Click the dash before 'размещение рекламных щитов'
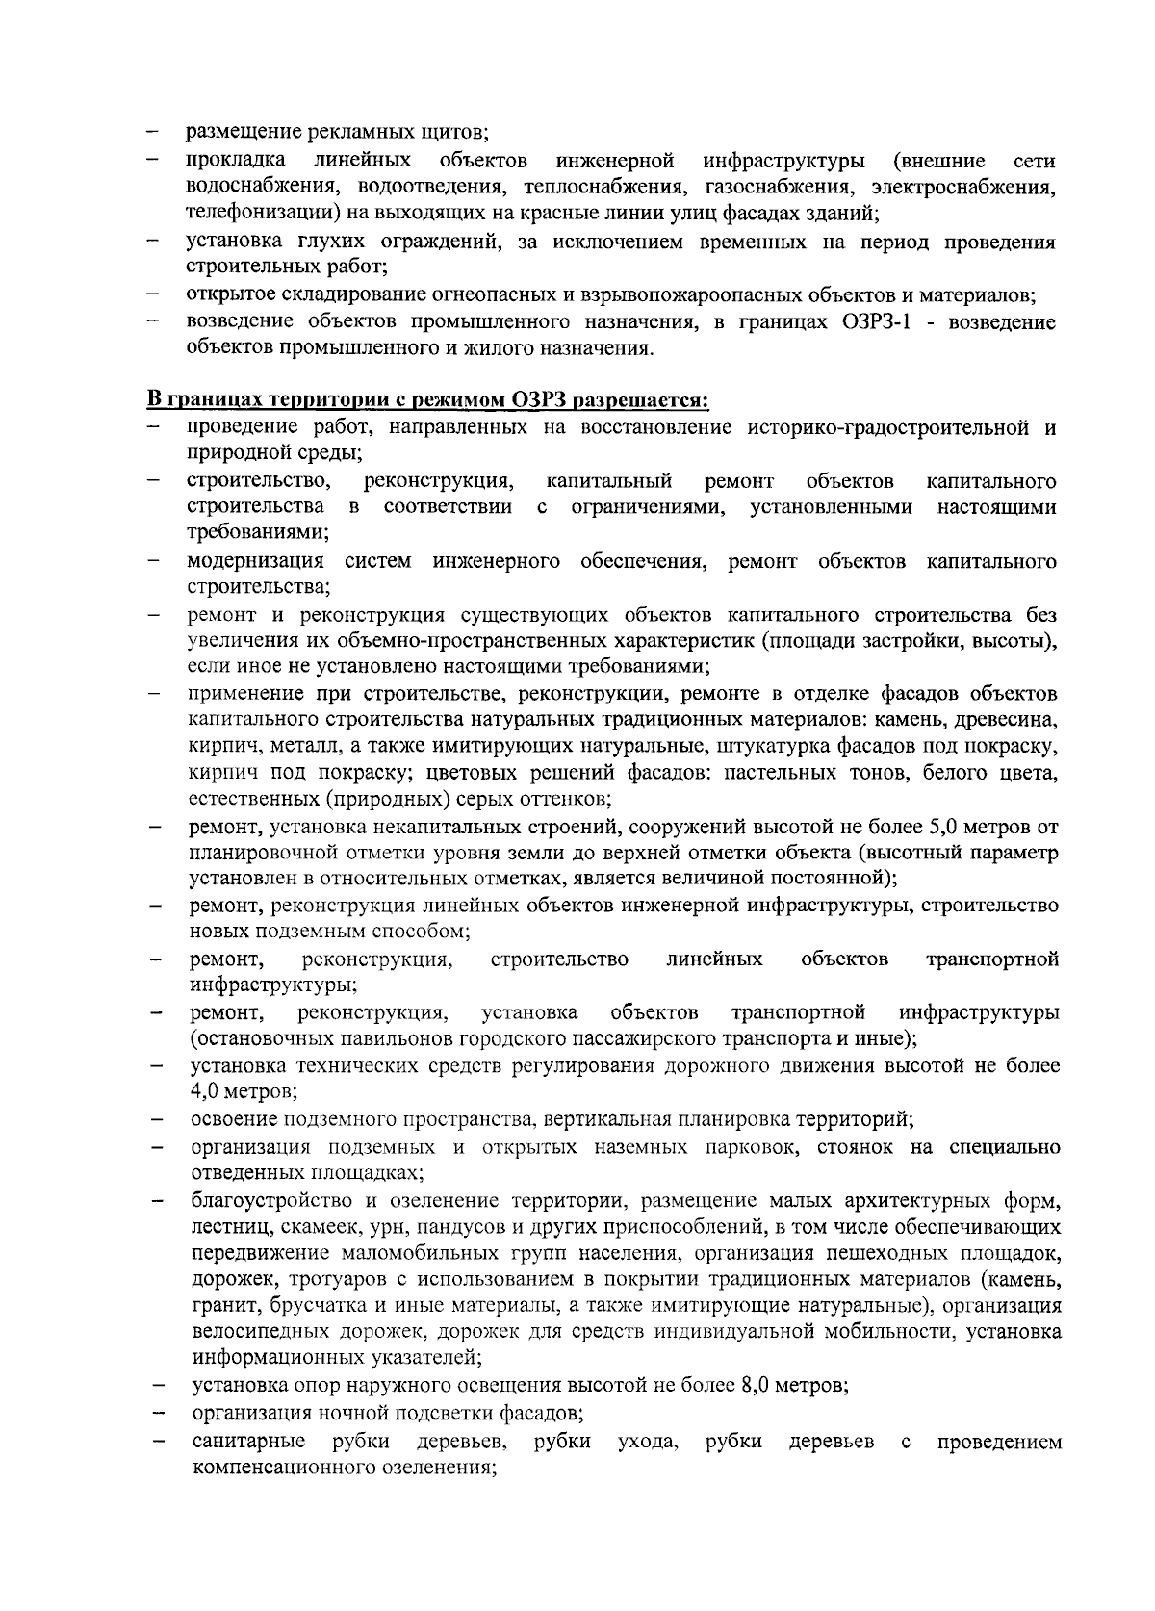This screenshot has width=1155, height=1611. click(x=152, y=132)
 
